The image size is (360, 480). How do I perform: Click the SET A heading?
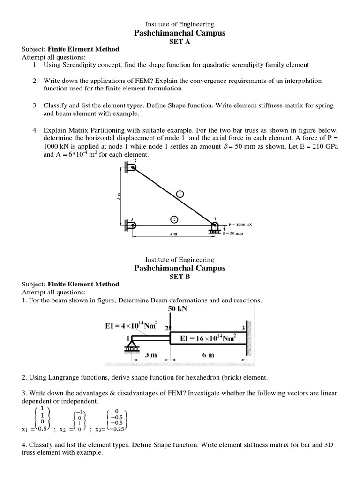(x=180, y=41)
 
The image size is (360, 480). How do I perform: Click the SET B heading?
(x=180, y=276)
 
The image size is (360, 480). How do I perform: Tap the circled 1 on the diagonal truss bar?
(x=181, y=193)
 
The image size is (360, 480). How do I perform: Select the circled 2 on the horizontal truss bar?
(x=174, y=219)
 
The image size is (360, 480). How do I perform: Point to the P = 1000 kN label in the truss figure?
(x=240, y=225)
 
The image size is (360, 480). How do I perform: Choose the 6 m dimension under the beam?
(x=208, y=355)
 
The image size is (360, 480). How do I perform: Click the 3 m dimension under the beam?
(x=150, y=355)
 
